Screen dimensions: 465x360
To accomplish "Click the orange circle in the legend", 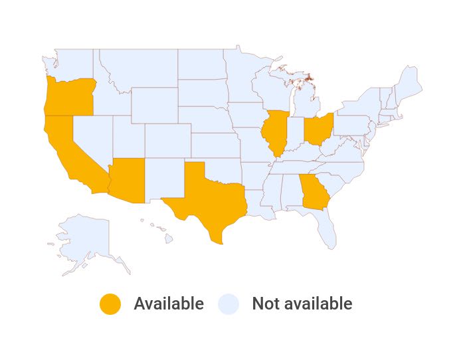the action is pyautogui.click(x=110, y=304).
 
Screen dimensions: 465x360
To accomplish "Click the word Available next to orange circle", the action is pyautogui.click(x=169, y=304).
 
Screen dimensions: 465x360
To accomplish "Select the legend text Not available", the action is pyautogui.click(x=302, y=304).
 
